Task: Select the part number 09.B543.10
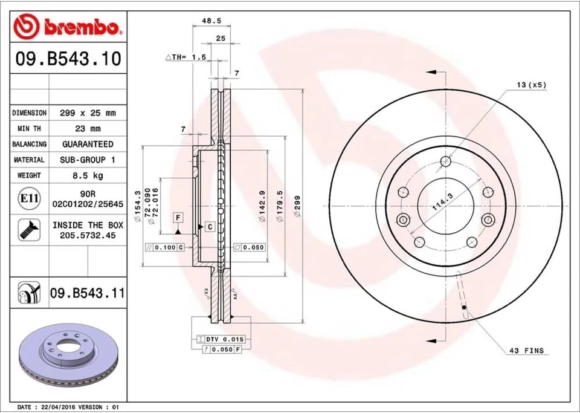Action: click(x=67, y=59)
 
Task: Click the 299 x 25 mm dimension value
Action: click(x=88, y=113)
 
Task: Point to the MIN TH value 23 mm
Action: click(x=88, y=129)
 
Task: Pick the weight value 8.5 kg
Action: click(x=88, y=175)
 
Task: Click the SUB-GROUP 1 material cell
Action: click(x=88, y=160)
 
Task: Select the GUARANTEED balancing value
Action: click(x=88, y=145)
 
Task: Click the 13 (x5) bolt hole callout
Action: click(x=531, y=85)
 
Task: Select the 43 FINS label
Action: click(x=526, y=351)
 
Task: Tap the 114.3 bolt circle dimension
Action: click(x=443, y=199)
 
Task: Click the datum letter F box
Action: click(x=178, y=217)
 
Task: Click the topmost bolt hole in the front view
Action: click(x=446, y=161)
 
